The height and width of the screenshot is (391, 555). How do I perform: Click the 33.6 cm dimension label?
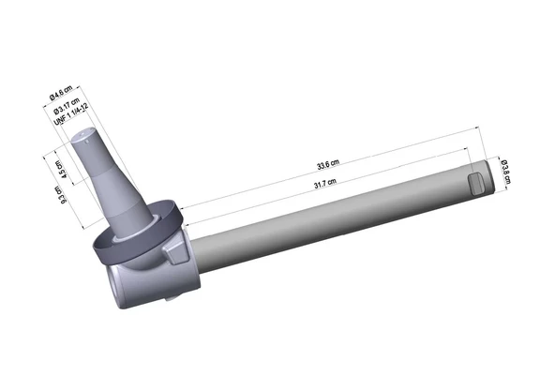click(x=328, y=165)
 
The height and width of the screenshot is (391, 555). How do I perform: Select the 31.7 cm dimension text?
click(x=325, y=184)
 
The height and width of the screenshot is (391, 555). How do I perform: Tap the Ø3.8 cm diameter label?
click(x=504, y=172)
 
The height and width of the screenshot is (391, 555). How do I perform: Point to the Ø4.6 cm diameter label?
click(x=61, y=93)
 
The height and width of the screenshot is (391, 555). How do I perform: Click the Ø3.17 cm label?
click(x=67, y=106)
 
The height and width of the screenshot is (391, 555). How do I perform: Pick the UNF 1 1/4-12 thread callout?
click(x=71, y=114)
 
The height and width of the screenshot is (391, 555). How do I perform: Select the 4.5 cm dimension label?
click(x=60, y=169)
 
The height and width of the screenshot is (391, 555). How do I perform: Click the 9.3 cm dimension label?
click(x=59, y=194)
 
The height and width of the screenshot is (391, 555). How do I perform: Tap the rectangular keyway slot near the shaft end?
click(x=475, y=183)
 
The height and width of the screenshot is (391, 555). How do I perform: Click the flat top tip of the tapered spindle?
click(x=83, y=133)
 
